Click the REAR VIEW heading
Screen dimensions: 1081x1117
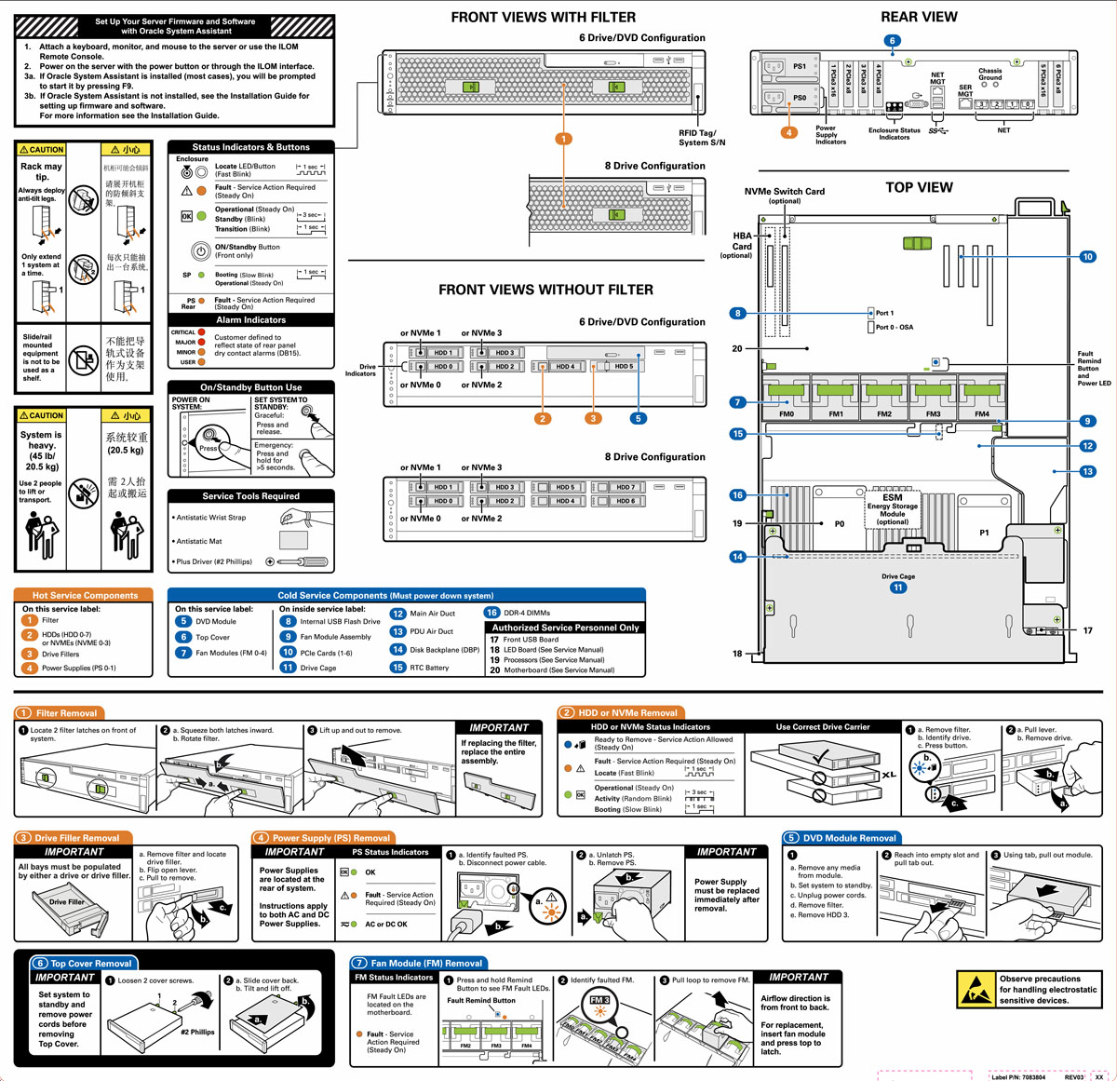[919, 17]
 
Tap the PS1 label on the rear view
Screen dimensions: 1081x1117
[800, 66]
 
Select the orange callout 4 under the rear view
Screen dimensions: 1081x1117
[789, 132]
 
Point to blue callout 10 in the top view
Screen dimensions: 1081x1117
[1087, 257]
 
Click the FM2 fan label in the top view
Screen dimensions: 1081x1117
[884, 414]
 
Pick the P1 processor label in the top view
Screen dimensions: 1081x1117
[984, 533]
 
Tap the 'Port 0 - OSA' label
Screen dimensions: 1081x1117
[894, 327]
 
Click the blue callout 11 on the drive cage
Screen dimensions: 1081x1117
[898, 588]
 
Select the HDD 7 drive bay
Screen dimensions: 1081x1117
[626, 487]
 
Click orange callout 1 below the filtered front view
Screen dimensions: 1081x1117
[563, 139]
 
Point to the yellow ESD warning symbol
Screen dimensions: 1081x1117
[976, 990]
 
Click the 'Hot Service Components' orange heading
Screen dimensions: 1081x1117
[85, 595]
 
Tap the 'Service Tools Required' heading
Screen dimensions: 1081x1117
[250, 496]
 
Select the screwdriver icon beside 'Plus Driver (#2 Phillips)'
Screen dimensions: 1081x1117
[298, 561]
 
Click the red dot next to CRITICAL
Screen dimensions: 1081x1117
[202, 332]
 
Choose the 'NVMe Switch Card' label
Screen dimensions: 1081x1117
[784, 191]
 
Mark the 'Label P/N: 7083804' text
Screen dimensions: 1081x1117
[1017, 1077]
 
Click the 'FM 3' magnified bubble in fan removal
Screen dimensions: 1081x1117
[599, 1000]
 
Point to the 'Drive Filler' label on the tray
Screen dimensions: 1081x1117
[67, 901]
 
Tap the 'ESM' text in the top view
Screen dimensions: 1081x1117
[892, 497]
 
